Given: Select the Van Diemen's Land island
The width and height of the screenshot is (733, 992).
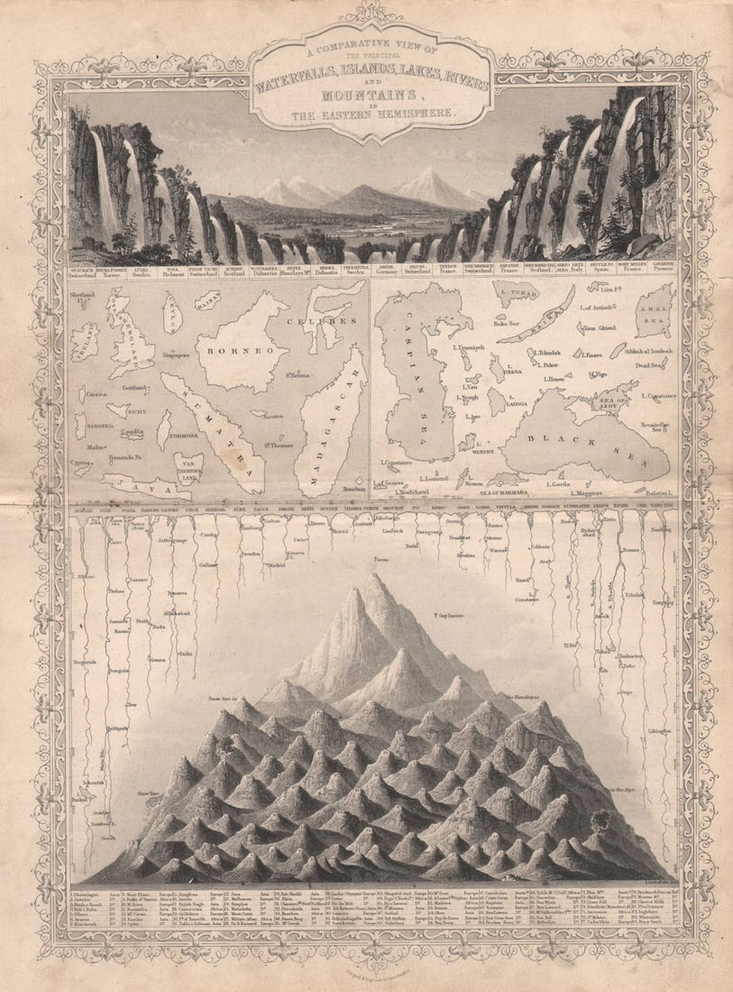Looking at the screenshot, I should click(188, 466).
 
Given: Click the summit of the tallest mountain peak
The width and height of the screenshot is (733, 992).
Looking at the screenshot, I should click(378, 576).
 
